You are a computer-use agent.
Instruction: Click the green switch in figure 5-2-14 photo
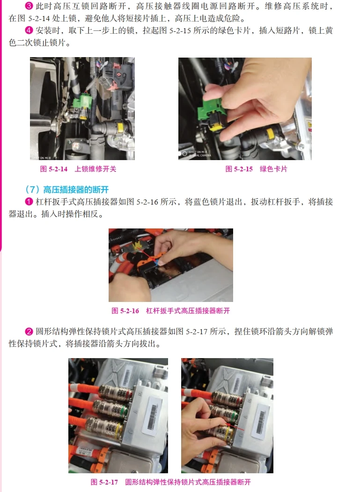tap(85, 101)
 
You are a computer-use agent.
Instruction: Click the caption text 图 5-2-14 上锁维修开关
tap(78, 169)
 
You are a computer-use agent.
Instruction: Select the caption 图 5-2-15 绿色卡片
tap(256, 169)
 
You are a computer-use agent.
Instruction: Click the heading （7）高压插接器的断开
tap(66, 190)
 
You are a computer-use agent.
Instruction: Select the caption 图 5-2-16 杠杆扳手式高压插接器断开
tap(170, 311)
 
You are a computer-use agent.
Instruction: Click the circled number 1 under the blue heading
tap(28, 202)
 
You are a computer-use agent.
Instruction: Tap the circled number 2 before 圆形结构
tap(28, 331)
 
